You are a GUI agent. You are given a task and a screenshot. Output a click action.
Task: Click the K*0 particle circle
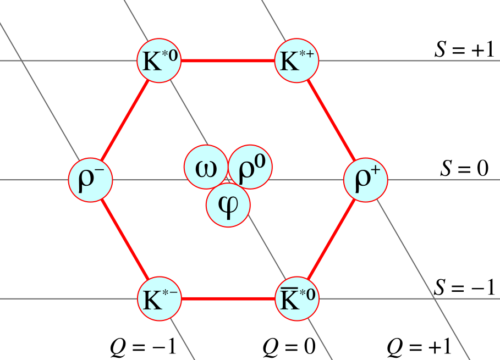click(x=159, y=60)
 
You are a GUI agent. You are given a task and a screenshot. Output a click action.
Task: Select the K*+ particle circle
click(x=296, y=60)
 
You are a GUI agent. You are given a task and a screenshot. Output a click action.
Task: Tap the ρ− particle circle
click(x=91, y=180)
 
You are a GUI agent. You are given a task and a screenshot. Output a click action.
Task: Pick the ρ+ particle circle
click(x=366, y=180)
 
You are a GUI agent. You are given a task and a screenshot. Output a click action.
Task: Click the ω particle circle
click(x=206, y=167)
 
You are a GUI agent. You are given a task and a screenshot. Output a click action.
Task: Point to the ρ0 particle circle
click(x=250, y=167)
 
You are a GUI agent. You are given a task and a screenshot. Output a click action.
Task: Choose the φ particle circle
click(x=228, y=205)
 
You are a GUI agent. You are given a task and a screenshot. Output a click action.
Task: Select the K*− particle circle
click(x=159, y=299)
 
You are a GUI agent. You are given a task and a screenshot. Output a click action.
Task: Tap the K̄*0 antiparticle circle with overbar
click(x=296, y=299)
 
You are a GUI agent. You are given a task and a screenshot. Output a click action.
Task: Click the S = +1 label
click(x=464, y=49)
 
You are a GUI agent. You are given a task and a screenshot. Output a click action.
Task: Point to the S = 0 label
click(x=464, y=168)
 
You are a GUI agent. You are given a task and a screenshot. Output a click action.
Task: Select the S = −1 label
click(x=464, y=287)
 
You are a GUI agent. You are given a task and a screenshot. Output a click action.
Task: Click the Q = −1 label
click(x=143, y=347)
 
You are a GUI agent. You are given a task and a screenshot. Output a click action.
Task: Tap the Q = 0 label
click(x=289, y=347)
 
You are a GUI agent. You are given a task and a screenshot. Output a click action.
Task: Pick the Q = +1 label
click(x=419, y=347)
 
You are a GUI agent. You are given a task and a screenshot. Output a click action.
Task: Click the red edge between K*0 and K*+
click(x=228, y=60)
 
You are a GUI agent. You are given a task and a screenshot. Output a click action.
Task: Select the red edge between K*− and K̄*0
click(x=228, y=299)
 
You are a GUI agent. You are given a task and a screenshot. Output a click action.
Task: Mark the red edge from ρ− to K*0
click(x=125, y=120)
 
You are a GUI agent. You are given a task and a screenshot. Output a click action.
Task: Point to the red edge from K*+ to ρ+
click(x=331, y=120)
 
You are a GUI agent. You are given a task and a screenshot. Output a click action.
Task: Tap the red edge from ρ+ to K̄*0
click(x=331, y=239)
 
